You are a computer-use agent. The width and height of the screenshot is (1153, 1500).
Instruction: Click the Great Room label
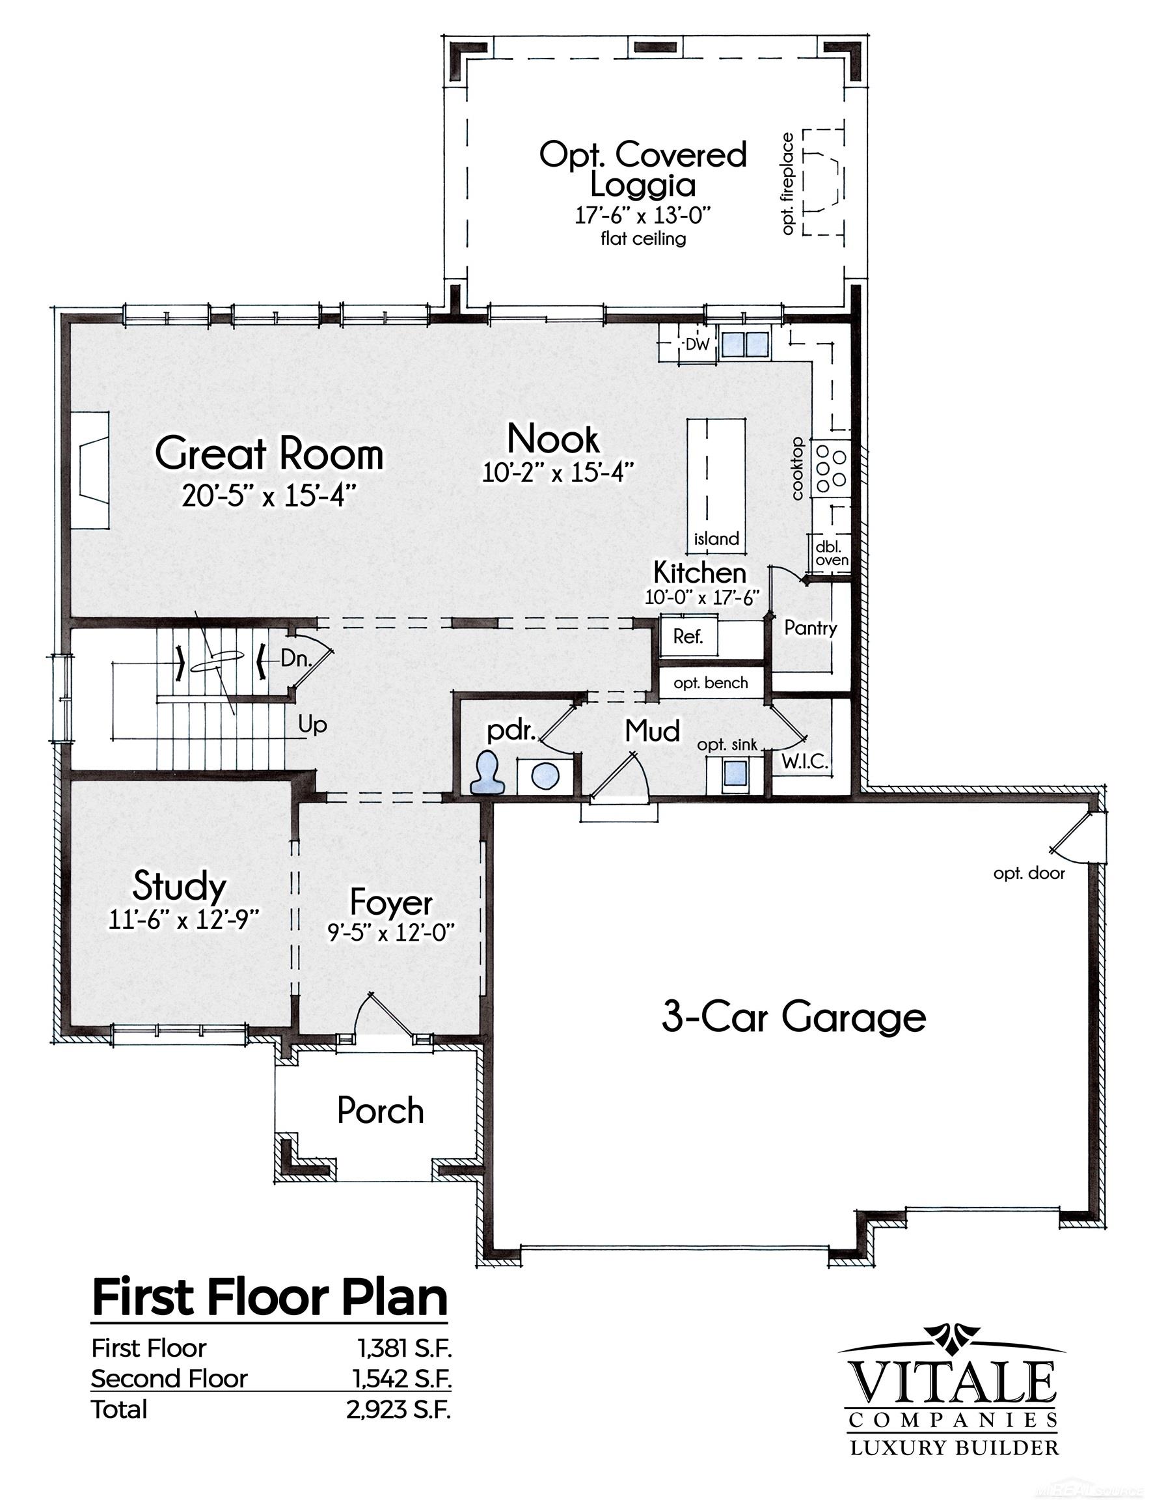(x=268, y=454)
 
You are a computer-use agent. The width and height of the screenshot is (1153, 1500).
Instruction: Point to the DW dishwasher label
(x=698, y=343)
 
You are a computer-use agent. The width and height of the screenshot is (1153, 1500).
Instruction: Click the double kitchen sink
(x=744, y=342)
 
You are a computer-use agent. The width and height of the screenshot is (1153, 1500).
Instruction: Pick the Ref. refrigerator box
(x=688, y=636)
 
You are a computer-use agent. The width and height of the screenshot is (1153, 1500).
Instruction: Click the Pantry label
(x=811, y=628)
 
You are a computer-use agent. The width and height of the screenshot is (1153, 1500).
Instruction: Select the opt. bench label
(x=711, y=683)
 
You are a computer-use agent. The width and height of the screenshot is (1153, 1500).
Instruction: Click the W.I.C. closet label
(x=805, y=760)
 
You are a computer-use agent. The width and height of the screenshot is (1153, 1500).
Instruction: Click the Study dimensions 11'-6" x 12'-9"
(x=184, y=919)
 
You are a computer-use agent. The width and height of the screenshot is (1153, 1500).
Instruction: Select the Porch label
(x=380, y=1111)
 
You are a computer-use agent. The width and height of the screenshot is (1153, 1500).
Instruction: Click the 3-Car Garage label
(x=793, y=1017)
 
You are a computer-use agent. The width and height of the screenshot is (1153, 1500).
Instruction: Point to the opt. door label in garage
(x=1029, y=873)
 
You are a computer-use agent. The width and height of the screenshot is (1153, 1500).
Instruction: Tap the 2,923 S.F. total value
(x=399, y=1410)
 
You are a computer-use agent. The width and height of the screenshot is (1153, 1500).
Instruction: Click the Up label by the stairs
(x=312, y=725)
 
